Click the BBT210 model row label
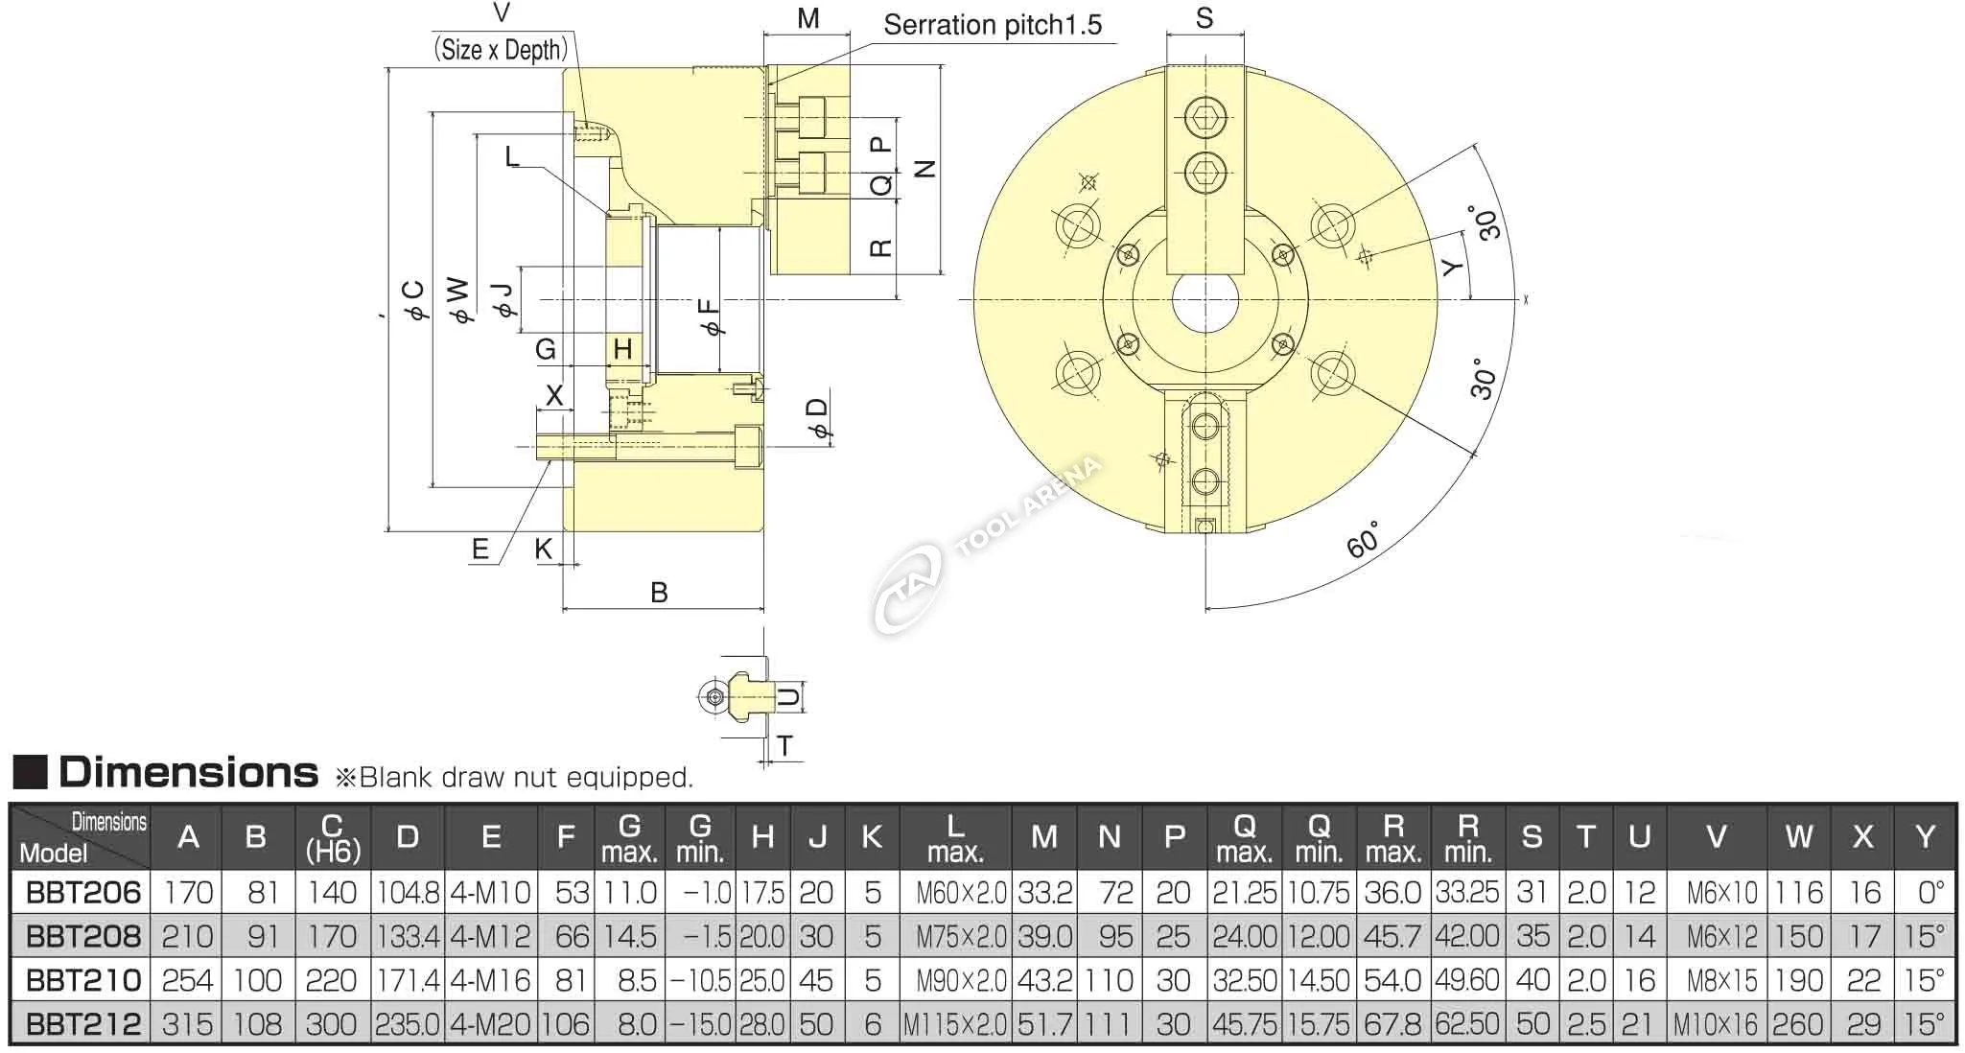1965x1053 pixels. pos(83,980)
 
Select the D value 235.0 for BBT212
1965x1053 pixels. pos(408,1024)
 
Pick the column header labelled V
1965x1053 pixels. pos(1717,837)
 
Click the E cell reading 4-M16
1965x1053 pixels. pos(490,980)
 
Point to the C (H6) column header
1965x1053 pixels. pos(332,837)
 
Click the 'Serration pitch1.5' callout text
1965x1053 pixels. pos(993,25)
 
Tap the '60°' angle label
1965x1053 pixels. pos(1363,540)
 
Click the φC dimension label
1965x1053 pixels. pos(414,301)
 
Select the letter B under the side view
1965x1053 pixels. pos(659,592)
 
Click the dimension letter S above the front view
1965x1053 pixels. pos(1205,18)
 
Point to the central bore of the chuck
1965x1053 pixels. pos(1205,300)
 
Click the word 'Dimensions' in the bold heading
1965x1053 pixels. pos(188,772)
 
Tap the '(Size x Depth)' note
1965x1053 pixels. pos(501,49)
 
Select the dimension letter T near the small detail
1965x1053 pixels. pos(785,745)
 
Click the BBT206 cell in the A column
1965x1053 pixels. pos(188,893)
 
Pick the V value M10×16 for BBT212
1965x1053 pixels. pos(1716,1024)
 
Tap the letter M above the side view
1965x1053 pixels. pos(807,18)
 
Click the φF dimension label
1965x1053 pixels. pos(711,316)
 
